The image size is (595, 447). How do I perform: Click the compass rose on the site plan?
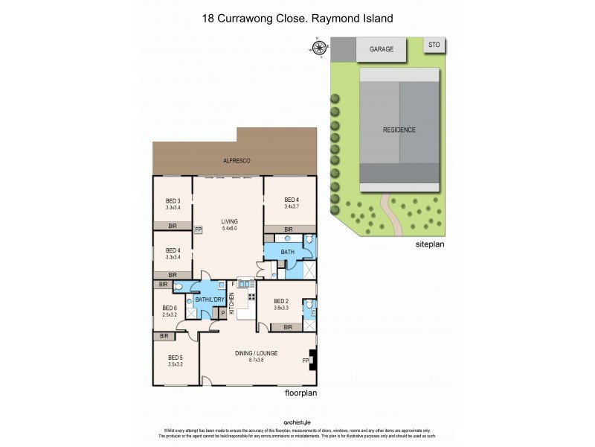320,48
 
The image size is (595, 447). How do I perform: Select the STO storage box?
434,45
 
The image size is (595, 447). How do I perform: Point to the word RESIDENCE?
399,130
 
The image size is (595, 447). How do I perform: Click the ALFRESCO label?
237,161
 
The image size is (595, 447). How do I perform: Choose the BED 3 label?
173,200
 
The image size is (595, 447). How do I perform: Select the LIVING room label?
228,221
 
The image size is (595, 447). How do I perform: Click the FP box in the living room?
199,230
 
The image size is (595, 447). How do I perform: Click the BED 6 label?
170,308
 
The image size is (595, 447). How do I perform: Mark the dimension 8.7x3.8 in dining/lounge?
257,360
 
